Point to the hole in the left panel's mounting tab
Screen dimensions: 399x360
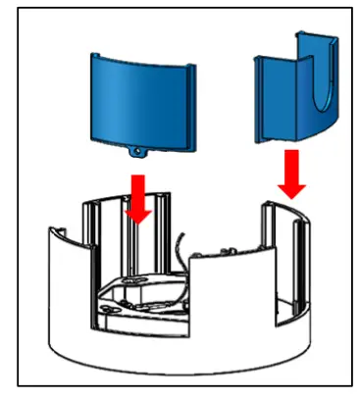click(137, 155)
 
